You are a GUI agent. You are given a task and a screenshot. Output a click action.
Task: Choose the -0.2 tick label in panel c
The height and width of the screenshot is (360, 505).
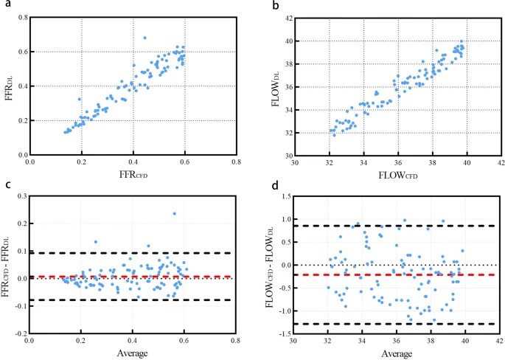pos(16,333)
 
